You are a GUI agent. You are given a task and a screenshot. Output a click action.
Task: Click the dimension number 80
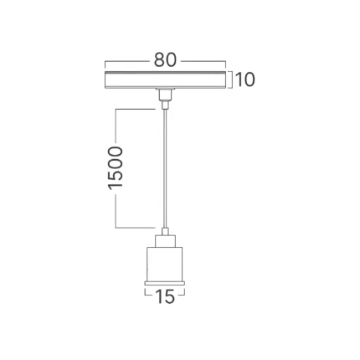[x=165, y=59]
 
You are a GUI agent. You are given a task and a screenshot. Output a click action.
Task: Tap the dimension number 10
[x=245, y=80]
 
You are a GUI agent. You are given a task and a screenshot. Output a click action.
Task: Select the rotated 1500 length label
[x=116, y=167]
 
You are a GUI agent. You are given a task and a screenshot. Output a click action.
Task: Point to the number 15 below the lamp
[x=165, y=296]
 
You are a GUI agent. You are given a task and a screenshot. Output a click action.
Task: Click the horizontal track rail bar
[x=165, y=80]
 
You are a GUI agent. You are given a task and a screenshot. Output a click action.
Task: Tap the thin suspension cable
[x=166, y=168]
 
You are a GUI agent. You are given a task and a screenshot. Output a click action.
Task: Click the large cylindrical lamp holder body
[x=165, y=264]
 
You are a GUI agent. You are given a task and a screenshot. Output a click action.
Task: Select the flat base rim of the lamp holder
[x=165, y=283]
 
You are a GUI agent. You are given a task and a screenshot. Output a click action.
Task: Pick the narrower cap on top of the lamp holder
[x=166, y=241]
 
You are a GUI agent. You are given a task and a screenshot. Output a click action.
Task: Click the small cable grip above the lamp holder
[x=166, y=231]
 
